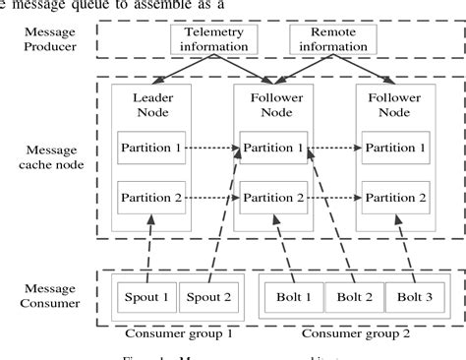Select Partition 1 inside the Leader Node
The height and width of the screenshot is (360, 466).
click(151, 148)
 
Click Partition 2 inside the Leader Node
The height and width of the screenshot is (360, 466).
click(151, 197)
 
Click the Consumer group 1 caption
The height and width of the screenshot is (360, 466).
click(176, 333)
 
